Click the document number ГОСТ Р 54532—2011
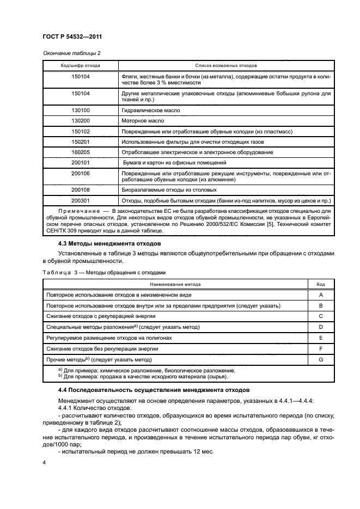click(x=72, y=36)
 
